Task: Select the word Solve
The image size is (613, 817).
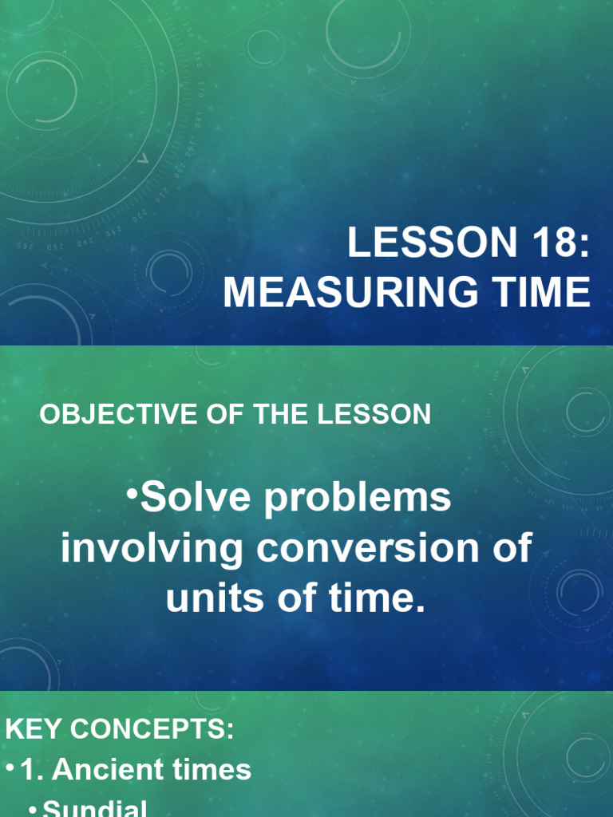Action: coord(185,499)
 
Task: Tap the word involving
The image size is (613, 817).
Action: coord(152,549)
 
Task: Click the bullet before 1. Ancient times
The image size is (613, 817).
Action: coord(9,768)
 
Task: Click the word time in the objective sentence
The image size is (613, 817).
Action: coord(381,599)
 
